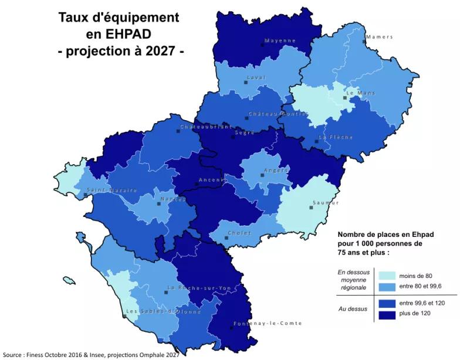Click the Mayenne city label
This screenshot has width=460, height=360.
coord(280,40)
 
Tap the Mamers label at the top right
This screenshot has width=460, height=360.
coord(379,37)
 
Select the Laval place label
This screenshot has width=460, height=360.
coord(256,77)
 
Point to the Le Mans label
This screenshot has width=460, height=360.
coord(360,93)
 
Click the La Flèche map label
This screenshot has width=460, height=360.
coord(336,137)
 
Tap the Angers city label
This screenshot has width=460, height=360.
coord(276,170)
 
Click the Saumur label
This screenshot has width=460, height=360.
coord(326,202)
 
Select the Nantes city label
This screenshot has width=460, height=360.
coord(173,199)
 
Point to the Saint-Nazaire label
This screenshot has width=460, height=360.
coord(112,190)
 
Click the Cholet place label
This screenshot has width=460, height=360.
coord(239,233)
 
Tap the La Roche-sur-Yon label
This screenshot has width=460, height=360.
coord(199,288)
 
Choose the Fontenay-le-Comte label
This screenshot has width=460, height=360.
coord(268,323)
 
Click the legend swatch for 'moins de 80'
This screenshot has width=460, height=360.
coord(386,276)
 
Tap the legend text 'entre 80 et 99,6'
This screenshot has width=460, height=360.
coord(420,286)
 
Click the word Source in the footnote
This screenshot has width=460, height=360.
coord(12,354)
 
